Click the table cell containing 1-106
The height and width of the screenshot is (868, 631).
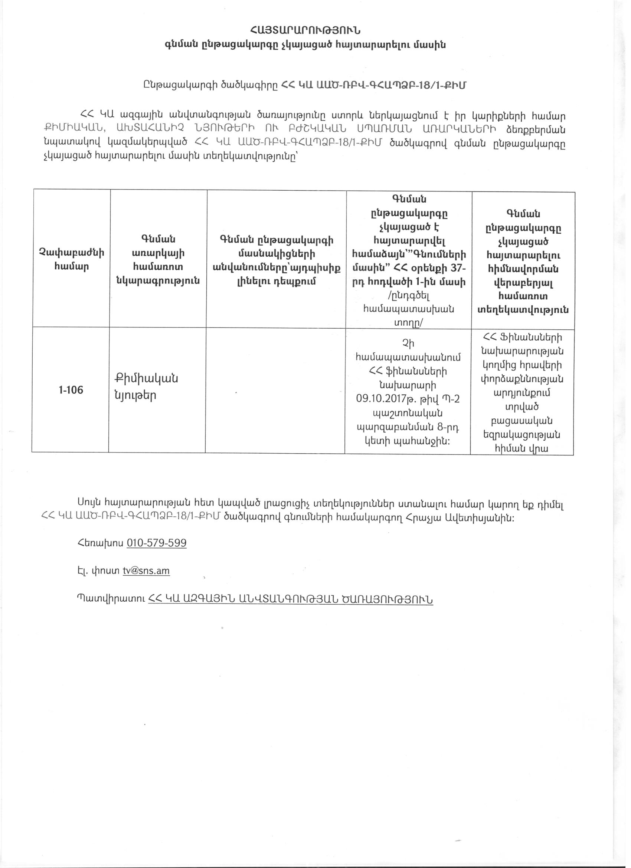(71, 390)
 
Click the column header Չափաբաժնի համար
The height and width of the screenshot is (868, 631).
(71, 260)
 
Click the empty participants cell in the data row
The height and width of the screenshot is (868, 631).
(275, 390)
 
